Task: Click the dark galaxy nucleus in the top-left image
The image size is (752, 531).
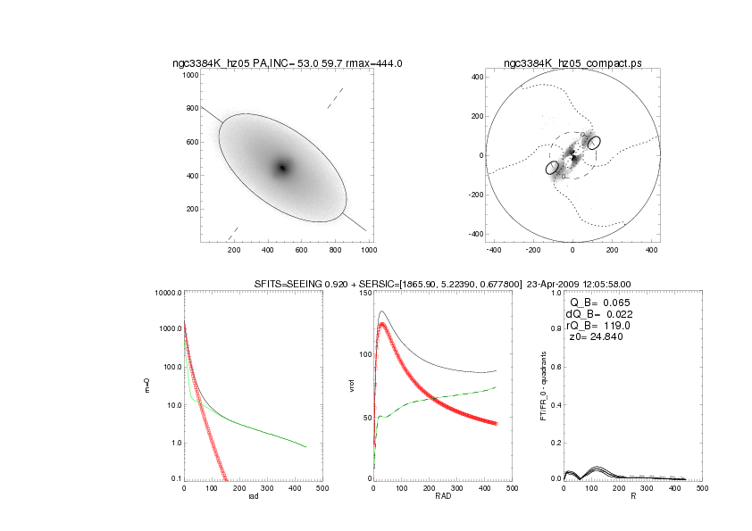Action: (x=282, y=167)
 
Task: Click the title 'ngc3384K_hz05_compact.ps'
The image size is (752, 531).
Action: (x=572, y=63)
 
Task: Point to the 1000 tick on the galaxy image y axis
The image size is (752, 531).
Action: (x=190, y=76)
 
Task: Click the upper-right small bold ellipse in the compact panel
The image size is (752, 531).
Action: (x=594, y=142)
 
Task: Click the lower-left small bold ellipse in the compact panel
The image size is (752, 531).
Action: (x=552, y=167)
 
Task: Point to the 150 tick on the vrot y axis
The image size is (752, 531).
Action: (x=363, y=293)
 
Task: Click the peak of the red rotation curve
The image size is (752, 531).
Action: (x=382, y=324)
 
